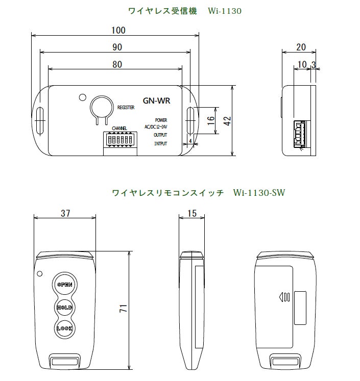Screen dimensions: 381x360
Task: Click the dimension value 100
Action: click(x=118, y=30)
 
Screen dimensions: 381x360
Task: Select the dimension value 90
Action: click(x=117, y=47)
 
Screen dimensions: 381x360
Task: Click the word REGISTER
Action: click(x=126, y=108)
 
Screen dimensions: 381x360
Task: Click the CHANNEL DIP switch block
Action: click(x=119, y=139)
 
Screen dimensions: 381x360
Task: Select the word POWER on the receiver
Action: click(x=161, y=120)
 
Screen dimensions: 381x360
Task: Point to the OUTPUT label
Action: click(x=160, y=135)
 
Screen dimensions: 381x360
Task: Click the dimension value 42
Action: click(x=228, y=120)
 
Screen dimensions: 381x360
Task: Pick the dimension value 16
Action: click(x=210, y=121)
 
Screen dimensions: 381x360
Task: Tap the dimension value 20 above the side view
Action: click(x=300, y=47)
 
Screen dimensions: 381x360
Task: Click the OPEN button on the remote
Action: click(x=65, y=285)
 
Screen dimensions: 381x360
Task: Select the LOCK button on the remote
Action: click(x=65, y=328)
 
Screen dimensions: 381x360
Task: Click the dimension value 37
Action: click(x=65, y=213)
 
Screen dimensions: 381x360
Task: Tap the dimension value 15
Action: click(x=192, y=213)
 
